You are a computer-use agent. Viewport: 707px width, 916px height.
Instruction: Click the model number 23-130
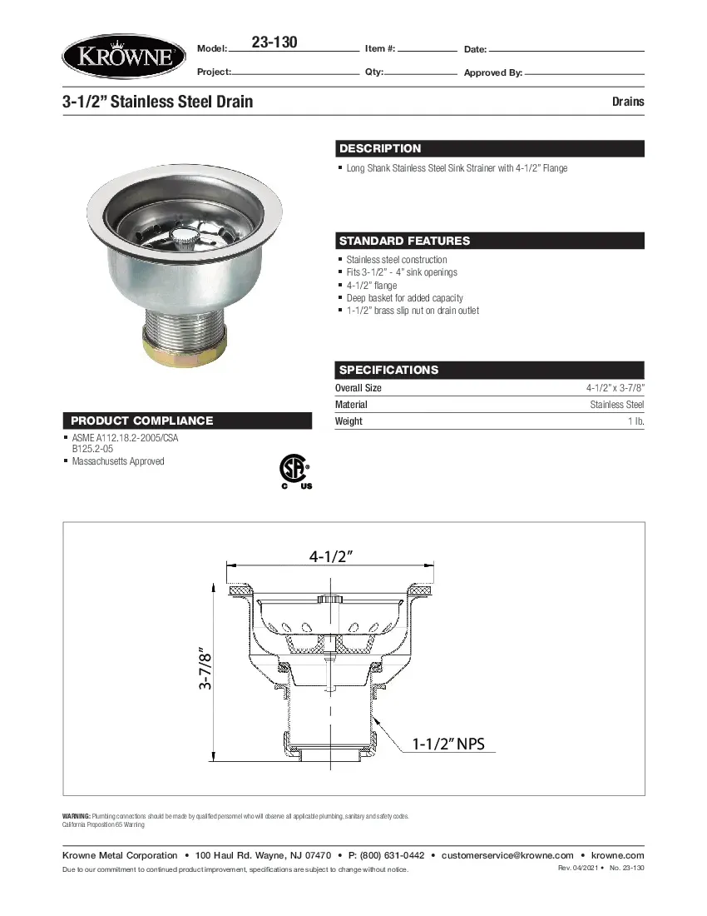coord(274,42)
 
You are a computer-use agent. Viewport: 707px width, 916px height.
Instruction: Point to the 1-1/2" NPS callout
coord(448,744)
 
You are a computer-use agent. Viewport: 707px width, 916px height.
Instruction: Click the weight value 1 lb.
coord(635,421)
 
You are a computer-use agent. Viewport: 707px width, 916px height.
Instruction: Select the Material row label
coord(351,405)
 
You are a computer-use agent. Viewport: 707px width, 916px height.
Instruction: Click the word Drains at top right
coord(628,102)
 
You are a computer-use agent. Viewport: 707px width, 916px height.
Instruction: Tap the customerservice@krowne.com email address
coord(507,855)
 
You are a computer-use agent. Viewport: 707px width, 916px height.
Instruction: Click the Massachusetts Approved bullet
coord(118,461)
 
